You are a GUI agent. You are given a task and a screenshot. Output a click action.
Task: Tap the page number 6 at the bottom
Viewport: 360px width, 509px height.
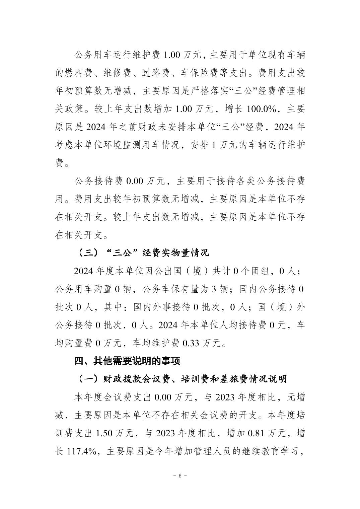coord(180,476)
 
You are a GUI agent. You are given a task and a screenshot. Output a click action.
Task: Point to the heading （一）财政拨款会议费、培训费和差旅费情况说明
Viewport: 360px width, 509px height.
coord(181,379)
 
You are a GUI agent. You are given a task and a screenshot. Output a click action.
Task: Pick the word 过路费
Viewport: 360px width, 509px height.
coord(163,73)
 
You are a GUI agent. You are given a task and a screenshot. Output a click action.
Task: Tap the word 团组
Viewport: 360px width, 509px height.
coord(260,271)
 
